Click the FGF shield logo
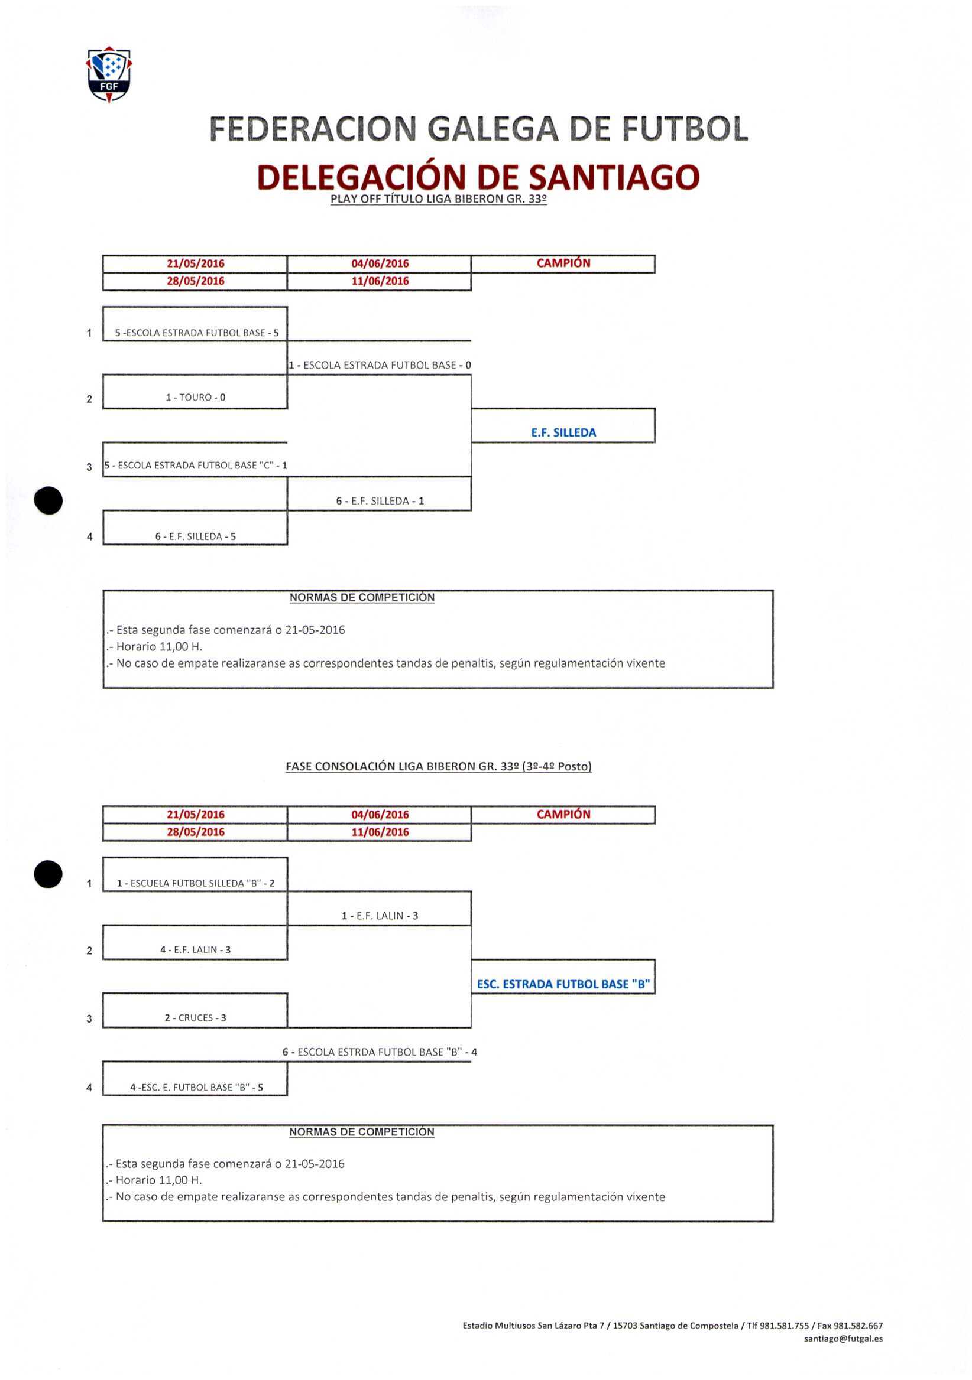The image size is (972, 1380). [109, 74]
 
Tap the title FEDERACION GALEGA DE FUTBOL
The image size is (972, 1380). [478, 128]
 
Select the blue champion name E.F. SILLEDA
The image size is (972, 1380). [563, 432]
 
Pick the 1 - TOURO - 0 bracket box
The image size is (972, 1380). [196, 398]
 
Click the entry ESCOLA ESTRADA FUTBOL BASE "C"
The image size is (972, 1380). [196, 465]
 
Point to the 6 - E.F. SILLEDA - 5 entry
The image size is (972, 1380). [196, 536]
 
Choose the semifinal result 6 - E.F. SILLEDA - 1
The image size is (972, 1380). [380, 501]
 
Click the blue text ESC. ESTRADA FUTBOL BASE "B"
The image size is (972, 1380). [563, 984]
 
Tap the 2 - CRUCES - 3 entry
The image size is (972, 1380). [196, 1017]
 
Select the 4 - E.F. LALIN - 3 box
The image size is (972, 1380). [196, 950]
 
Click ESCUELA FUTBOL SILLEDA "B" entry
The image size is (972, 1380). [196, 883]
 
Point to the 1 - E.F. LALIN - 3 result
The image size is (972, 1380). [380, 916]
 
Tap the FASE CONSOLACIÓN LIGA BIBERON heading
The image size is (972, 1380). [439, 766]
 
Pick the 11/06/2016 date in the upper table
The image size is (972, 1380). [380, 281]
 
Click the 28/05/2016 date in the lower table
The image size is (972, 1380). [196, 832]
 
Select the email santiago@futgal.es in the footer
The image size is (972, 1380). [843, 1339]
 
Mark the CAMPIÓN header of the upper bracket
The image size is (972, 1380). [563, 263]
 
